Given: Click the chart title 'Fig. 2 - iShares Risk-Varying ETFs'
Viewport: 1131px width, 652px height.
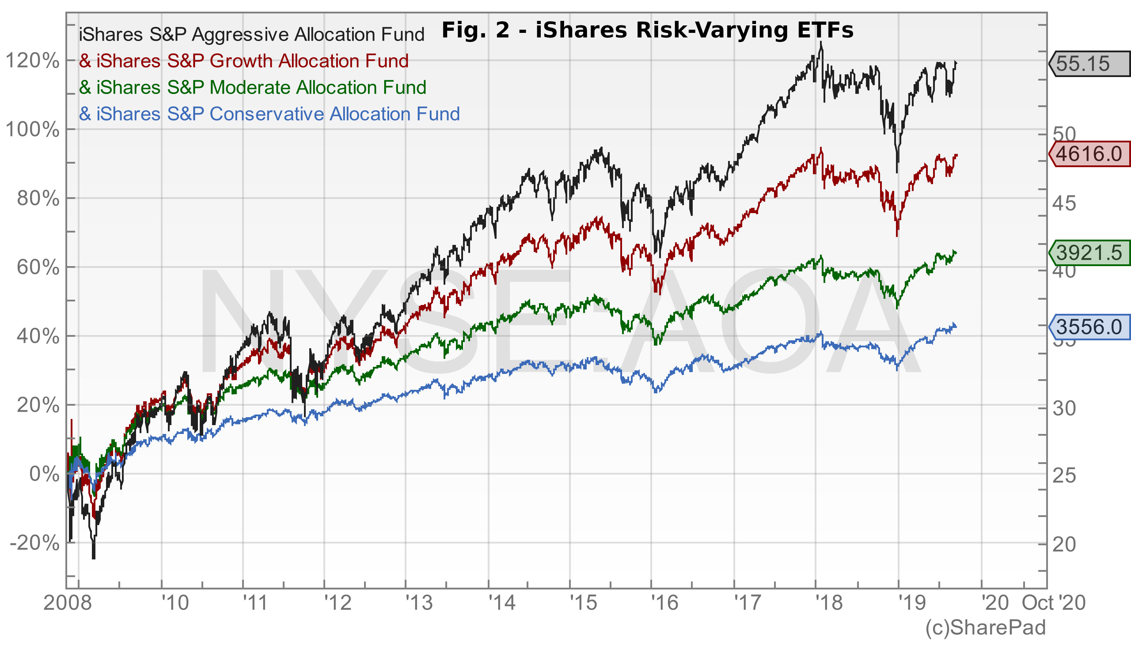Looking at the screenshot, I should point(647,31).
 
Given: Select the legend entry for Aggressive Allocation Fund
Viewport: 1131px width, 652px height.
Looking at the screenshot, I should point(252,35).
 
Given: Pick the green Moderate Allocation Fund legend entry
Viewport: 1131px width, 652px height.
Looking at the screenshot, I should point(252,88).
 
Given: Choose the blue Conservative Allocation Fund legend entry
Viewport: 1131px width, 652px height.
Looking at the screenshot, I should point(270,114).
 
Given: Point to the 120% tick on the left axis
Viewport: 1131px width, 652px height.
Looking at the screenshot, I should point(32,61).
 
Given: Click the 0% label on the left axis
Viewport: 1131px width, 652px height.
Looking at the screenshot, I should point(44,474).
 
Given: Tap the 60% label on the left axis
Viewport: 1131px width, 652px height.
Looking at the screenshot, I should point(37,268).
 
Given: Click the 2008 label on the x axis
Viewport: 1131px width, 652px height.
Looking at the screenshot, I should point(67,603).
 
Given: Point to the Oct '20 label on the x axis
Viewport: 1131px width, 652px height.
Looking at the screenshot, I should point(1054,603).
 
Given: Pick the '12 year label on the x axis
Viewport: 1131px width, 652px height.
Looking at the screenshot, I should point(338,603).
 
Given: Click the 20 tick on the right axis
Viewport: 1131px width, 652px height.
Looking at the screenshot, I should point(1064,544).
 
